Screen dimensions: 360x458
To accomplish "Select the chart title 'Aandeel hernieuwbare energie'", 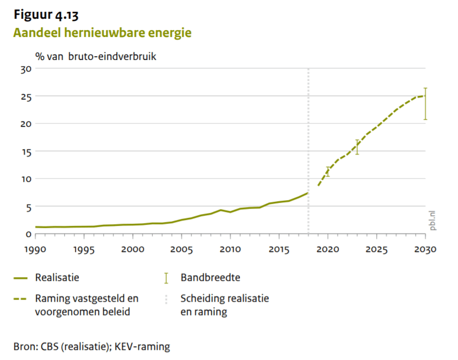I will click(102, 33).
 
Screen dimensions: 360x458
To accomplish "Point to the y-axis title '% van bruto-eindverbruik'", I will click(96, 56).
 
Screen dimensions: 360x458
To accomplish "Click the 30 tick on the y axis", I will click(26, 69).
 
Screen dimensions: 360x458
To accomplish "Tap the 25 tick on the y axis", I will click(26, 97).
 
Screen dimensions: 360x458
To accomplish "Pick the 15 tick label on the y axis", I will click(26, 151).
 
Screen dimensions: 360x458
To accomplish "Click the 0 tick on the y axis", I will click(28, 234).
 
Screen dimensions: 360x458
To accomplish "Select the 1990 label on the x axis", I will click(35, 249).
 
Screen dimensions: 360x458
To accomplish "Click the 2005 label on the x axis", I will click(181, 249).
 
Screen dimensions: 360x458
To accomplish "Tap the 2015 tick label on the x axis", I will click(279, 249).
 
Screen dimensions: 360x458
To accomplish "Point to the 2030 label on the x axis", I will click(425, 249).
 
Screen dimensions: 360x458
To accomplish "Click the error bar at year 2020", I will click(327, 172).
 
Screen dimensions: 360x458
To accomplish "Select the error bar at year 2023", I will click(357, 147).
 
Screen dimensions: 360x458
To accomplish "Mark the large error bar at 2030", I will click(425, 104).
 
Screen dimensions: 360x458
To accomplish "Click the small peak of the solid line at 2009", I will click(220, 210).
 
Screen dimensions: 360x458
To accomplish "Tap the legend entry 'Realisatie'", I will click(57, 278).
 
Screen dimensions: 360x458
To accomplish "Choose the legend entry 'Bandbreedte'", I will click(210, 278).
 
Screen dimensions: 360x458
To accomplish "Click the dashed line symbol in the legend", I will click(20, 298).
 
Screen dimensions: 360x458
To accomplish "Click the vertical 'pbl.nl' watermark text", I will click(432, 220).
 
